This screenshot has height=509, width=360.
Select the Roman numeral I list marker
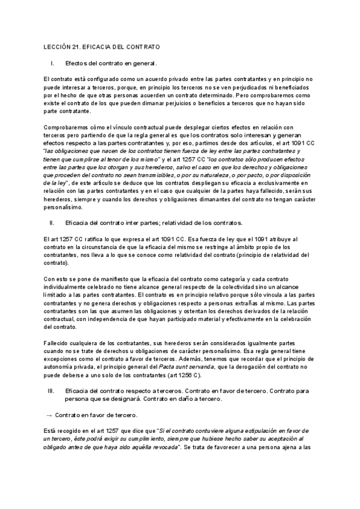(x=53, y=63)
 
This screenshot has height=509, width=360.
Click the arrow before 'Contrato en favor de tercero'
(x=49, y=415)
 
